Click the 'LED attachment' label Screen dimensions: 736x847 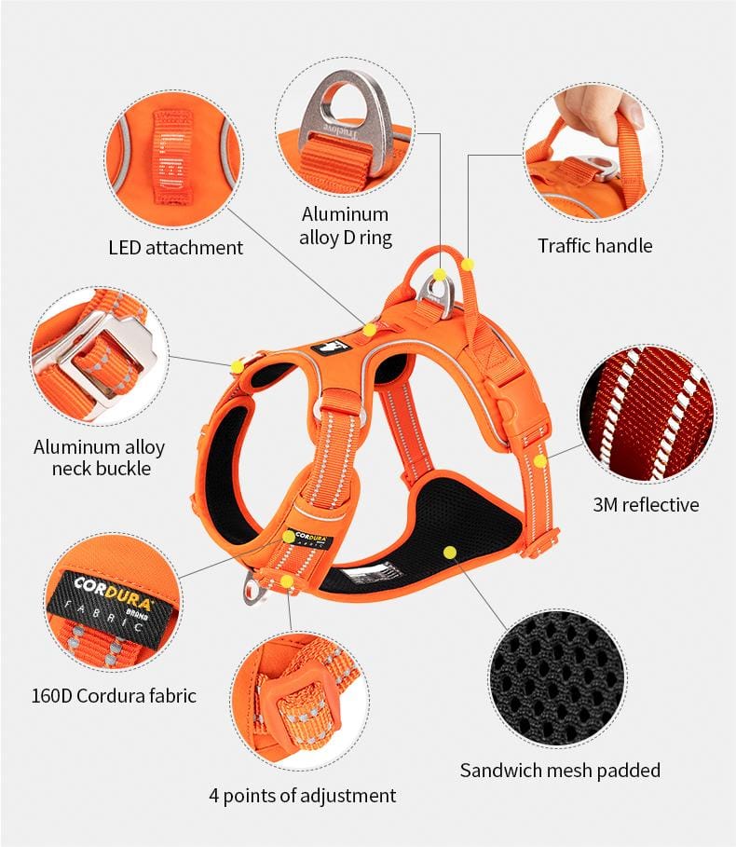tap(176, 248)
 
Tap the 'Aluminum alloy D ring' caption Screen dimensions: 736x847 tap(345, 225)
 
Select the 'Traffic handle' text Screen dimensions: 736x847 tap(595, 246)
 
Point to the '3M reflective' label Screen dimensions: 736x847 tap(646, 504)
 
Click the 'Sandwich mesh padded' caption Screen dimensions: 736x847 tap(560, 771)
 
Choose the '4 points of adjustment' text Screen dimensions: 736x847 tap(303, 796)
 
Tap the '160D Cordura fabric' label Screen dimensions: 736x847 tap(114, 696)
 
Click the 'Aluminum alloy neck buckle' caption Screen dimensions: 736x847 tap(100, 458)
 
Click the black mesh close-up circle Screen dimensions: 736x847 tap(559, 679)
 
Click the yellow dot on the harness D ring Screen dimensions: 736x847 tap(440, 274)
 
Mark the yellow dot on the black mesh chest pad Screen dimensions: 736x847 tap(450, 552)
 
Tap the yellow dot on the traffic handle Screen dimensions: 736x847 tap(469, 264)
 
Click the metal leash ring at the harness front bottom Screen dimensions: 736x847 tap(253, 589)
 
